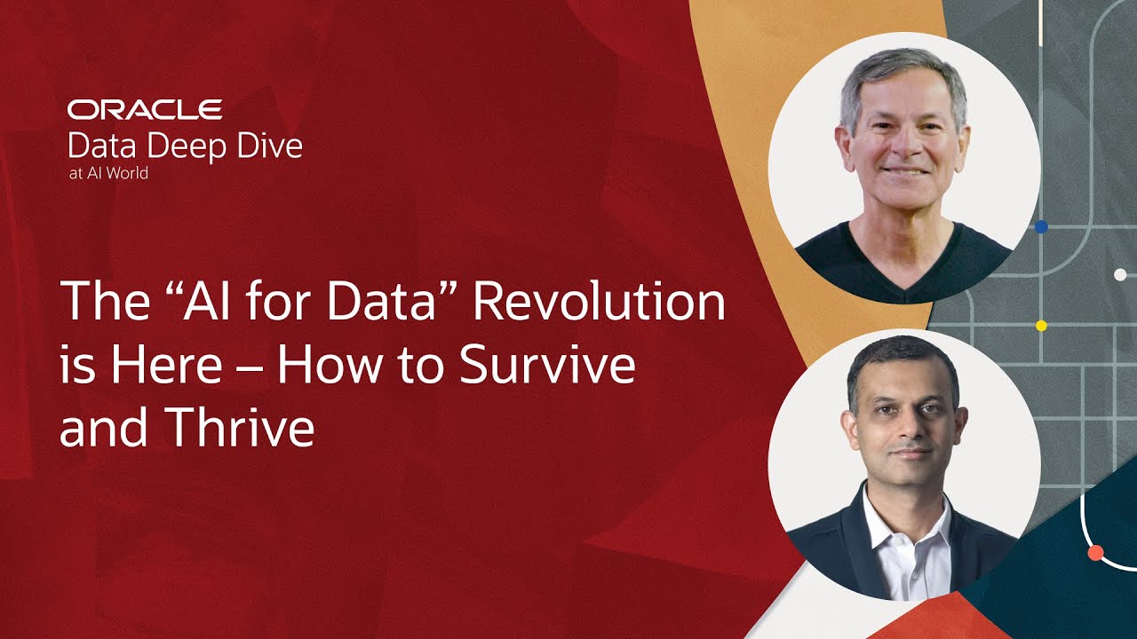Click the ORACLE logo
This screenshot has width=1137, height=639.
[145, 109]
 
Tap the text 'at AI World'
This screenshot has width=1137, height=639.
[108, 173]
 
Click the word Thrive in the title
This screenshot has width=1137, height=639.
[239, 427]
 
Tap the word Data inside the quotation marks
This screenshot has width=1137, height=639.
[381, 301]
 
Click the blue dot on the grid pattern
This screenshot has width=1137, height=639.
[1041, 226]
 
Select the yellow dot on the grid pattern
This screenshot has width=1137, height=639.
[1041, 326]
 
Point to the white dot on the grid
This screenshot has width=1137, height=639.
[1120, 275]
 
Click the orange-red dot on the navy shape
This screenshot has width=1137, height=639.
[1095, 553]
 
